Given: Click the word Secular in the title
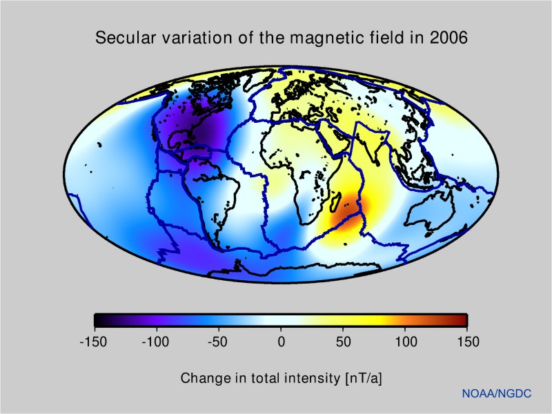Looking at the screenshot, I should [121, 38].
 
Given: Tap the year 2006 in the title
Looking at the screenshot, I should [450, 38].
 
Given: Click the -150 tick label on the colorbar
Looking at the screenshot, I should [94, 342].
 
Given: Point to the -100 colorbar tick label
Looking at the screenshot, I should [156, 342].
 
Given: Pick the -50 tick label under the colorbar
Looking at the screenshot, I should [219, 342].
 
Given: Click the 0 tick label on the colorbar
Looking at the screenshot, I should [281, 342].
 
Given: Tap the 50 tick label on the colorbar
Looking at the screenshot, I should [343, 342].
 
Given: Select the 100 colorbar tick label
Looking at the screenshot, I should [406, 342].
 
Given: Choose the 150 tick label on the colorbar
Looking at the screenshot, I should [468, 342].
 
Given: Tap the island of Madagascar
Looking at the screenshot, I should [335, 201].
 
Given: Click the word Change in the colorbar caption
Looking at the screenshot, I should [202, 378].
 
